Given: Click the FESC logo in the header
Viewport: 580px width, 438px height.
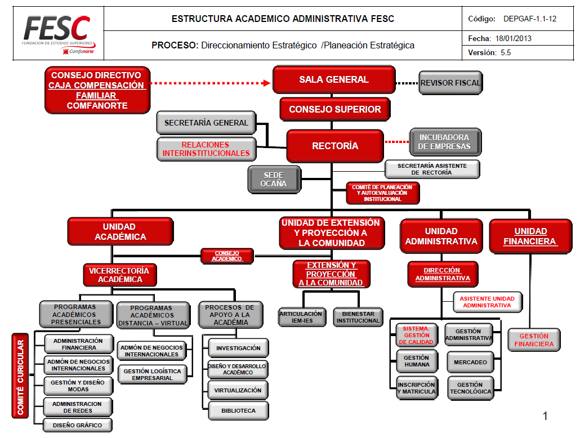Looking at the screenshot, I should pyautogui.click(x=58, y=33).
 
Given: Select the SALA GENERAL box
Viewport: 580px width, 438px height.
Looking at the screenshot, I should pyautogui.click(x=333, y=80).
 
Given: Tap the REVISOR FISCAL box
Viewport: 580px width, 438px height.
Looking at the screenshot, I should pyautogui.click(x=450, y=83).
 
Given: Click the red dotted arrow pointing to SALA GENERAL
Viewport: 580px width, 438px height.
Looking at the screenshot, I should pyautogui.click(x=211, y=83).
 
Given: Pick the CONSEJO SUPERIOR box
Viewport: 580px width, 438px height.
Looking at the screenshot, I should pyautogui.click(x=334, y=109).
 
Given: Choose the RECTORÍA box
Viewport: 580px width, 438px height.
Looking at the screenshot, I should pyautogui.click(x=334, y=146).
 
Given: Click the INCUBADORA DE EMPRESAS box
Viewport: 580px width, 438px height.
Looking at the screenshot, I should pyautogui.click(x=444, y=142).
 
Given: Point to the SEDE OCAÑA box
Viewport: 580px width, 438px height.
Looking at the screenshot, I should pyautogui.click(x=274, y=180).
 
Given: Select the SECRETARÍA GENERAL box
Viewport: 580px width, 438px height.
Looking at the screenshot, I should pyautogui.click(x=206, y=123).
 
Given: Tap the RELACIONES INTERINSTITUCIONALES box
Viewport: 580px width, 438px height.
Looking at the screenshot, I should pyautogui.click(x=206, y=149).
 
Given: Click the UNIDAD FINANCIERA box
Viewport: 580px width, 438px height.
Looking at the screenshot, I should pyautogui.click(x=530, y=236).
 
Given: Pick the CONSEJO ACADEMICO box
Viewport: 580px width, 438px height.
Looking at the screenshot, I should pyautogui.click(x=227, y=256).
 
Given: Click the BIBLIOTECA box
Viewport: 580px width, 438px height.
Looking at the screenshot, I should pyautogui.click(x=238, y=410).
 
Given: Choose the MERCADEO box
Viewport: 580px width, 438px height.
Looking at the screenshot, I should pyautogui.click(x=470, y=362).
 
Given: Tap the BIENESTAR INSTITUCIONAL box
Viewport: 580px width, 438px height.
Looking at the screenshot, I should pyautogui.click(x=358, y=317).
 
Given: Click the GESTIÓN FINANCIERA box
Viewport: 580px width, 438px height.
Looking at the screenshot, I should pyautogui.click(x=533, y=340).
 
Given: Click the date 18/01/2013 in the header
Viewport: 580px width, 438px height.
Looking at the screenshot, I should pyautogui.click(x=513, y=39).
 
